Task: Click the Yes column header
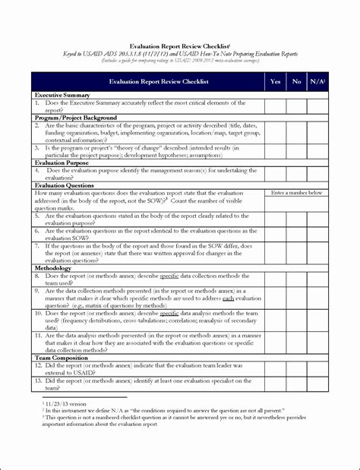(275, 80)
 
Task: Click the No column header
(297, 80)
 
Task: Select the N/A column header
(319, 80)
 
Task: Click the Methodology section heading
(52, 267)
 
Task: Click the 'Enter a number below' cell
(297, 193)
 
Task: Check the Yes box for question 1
(275, 106)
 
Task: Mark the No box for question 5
(297, 219)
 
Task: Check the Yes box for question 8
(275, 278)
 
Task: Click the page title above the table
(180, 45)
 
